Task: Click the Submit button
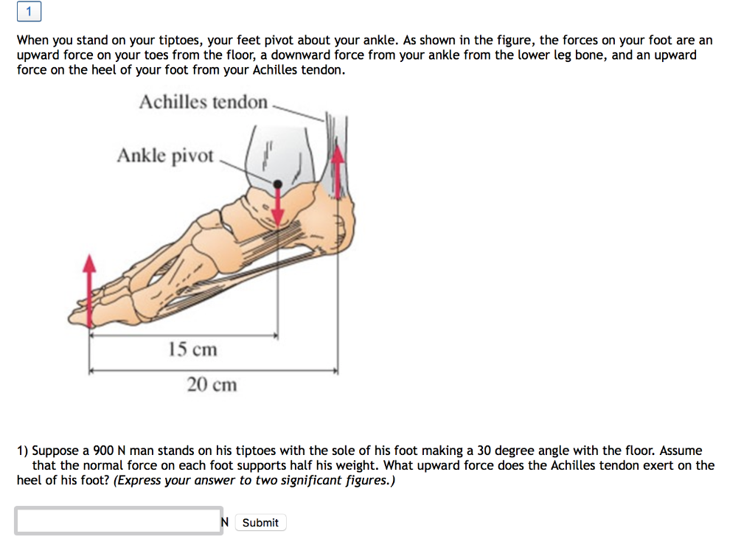click(260, 522)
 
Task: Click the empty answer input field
click(118, 521)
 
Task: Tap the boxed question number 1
click(29, 12)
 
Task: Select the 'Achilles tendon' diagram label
click(203, 102)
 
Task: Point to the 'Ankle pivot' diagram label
click(165, 156)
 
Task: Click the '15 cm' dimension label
click(192, 349)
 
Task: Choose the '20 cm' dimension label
click(212, 384)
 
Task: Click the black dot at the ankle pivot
click(277, 184)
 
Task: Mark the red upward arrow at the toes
click(90, 288)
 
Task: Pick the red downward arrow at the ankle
click(278, 206)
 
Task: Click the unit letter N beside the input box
click(225, 522)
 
